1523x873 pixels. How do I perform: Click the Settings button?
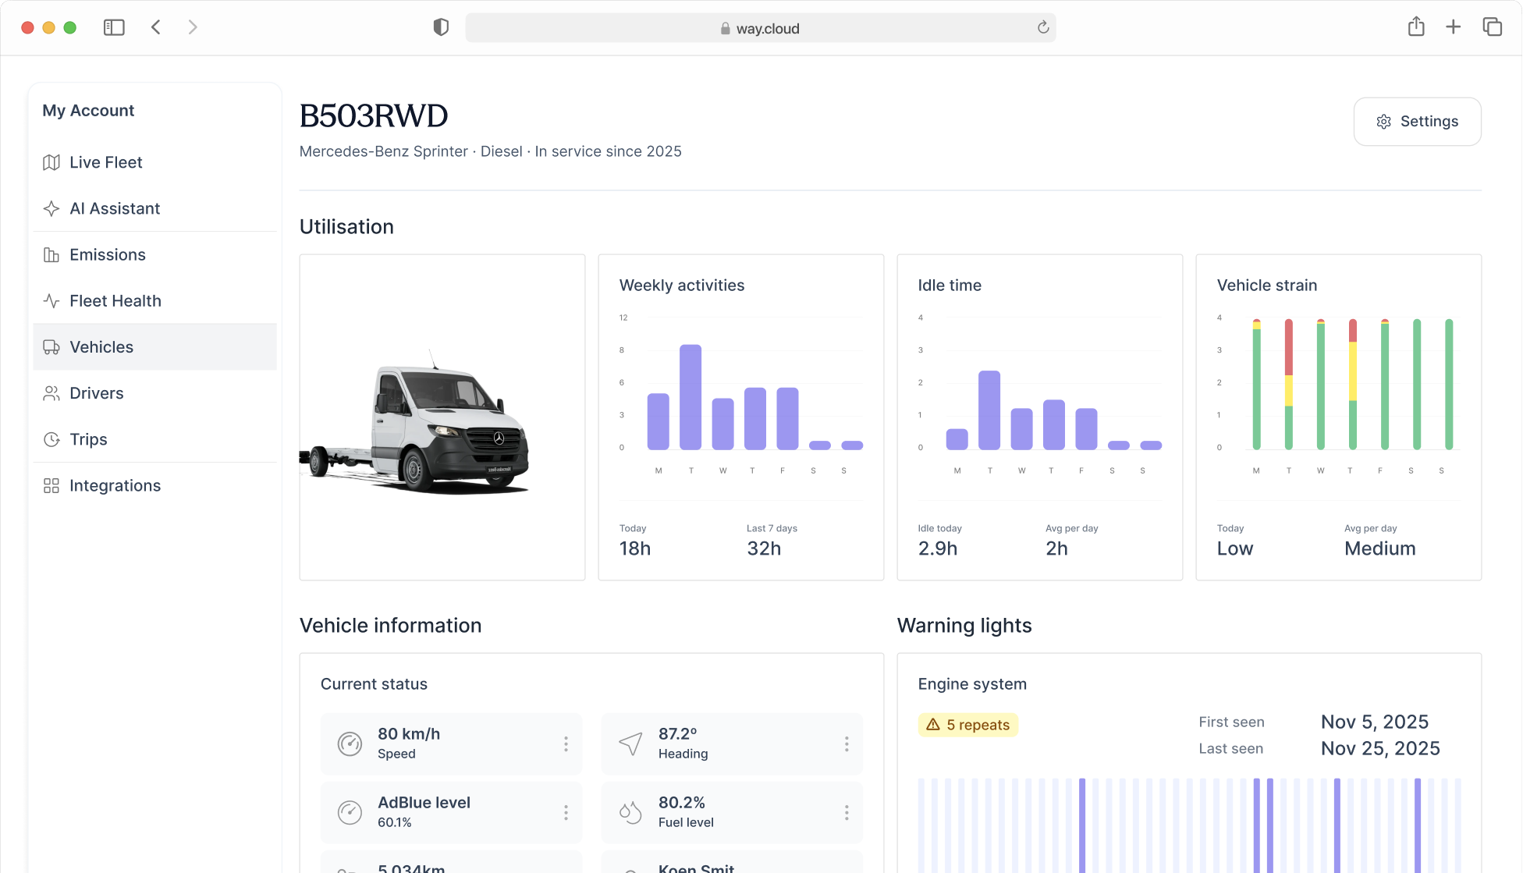click(1417, 122)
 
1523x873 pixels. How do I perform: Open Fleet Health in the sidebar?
click(115, 301)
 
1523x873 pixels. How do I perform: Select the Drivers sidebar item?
click(96, 393)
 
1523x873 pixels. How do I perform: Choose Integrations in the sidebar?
click(115, 486)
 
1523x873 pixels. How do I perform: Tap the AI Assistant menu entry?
click(114, 209)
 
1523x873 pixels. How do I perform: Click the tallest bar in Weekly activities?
click(690, 397)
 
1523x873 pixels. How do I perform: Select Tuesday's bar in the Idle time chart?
click(989, 410)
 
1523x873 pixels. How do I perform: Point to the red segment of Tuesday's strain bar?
click(1289, 348)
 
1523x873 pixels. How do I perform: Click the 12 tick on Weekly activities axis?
click(623, 318)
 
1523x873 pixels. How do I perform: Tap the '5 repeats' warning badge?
click(968, 725)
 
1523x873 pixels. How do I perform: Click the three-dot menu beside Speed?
click(566, 744)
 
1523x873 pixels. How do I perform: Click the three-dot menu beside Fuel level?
click(847, 813)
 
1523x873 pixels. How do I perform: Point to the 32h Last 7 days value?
click(764, 549)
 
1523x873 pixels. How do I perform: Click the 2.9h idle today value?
click(938, 549)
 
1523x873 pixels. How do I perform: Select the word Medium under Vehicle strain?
click(1379, 549)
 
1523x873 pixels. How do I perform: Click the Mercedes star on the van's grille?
click(499, 438)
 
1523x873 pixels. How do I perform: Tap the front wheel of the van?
click(413, 470)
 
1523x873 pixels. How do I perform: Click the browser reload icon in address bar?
click(1043, 28)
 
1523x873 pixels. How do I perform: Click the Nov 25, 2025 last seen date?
click(1380, 749)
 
